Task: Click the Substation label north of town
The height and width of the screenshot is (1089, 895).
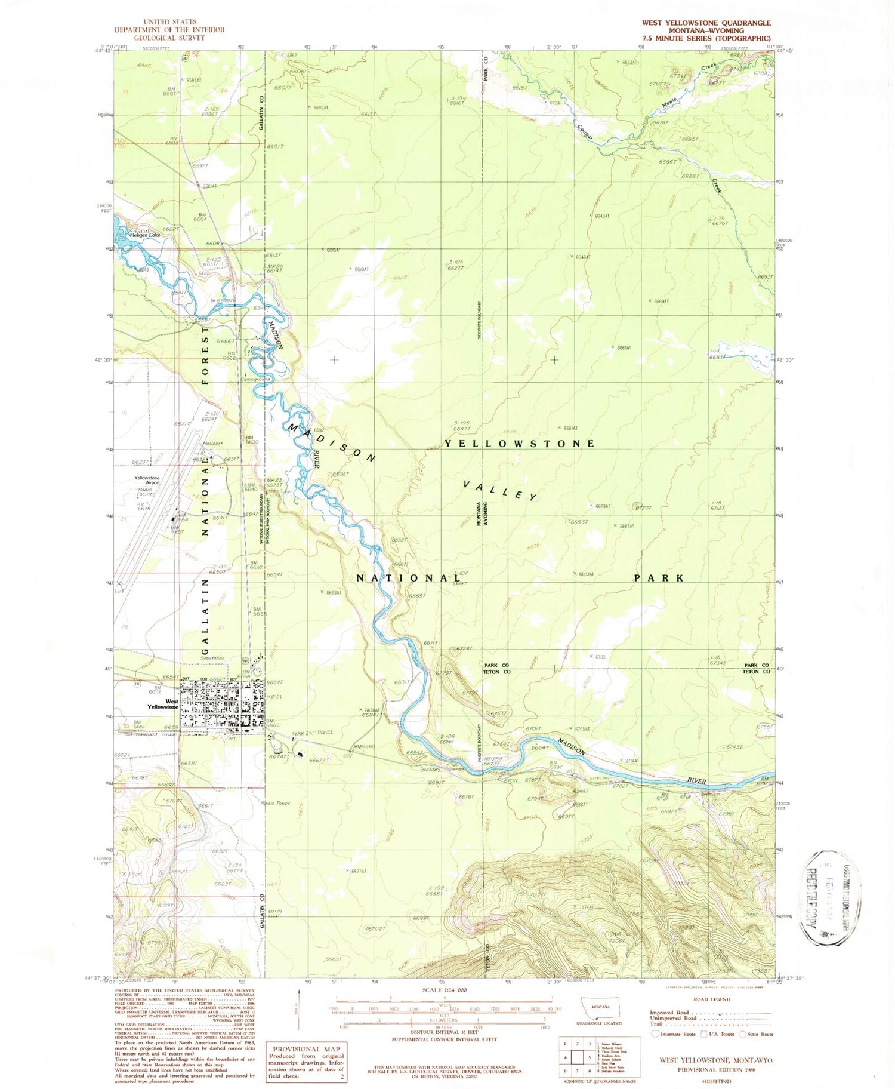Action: coord(213,659)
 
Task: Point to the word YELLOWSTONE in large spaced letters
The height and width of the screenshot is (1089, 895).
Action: coord(519,444)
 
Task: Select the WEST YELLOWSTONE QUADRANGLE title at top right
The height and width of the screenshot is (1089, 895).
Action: coord(706,23)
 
